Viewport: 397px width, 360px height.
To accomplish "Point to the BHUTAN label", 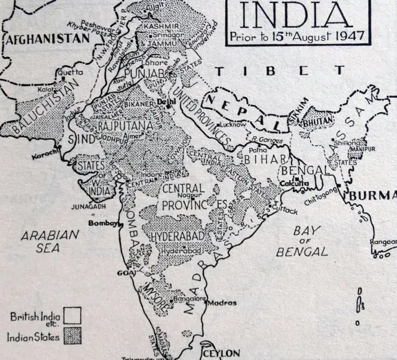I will (x=318, y=122).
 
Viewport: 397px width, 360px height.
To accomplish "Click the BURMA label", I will (x=373, y=196).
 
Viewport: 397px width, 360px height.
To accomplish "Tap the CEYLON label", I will (x=221, y=353).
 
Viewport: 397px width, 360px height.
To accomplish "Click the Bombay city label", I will (x=103, y=223).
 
